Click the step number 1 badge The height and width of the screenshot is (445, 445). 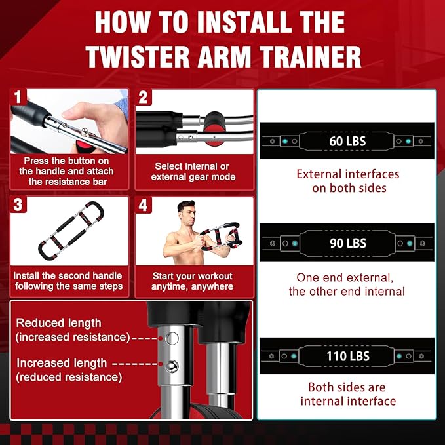(19, 97)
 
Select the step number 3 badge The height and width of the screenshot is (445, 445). (19, 205)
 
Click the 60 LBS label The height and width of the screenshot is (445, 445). (347, 141)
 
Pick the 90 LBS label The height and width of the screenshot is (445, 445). (347, 243)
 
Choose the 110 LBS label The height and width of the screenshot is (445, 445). (347, 357)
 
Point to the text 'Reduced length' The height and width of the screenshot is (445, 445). (59, 323)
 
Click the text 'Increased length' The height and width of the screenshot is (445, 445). (62, 362)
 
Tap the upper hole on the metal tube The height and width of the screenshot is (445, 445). (173, 338)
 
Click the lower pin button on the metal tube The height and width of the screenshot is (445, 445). (173, 366)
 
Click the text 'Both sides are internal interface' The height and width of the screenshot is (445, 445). (347, 394)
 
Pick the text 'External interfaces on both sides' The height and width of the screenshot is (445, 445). (347, 182)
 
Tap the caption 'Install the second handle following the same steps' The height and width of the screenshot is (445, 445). (68, 281)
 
